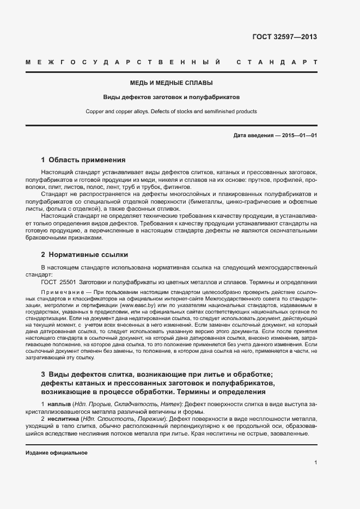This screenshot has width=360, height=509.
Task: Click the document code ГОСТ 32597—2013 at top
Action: click(284, 37)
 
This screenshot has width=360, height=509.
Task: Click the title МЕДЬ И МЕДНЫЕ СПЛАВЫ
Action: click(171, 83)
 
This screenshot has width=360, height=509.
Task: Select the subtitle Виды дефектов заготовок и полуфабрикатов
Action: click(171, 97)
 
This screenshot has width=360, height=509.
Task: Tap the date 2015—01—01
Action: click(300, 135)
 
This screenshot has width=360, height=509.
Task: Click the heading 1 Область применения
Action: click(83, 160)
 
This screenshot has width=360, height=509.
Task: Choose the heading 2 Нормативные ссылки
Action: click(84, 254)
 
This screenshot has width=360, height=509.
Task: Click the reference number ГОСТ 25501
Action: click(58, 282)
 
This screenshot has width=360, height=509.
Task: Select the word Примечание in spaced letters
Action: click(62, 292)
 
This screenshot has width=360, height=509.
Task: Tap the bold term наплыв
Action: click(59, 405)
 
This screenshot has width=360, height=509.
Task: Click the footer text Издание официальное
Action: click(57, 453)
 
